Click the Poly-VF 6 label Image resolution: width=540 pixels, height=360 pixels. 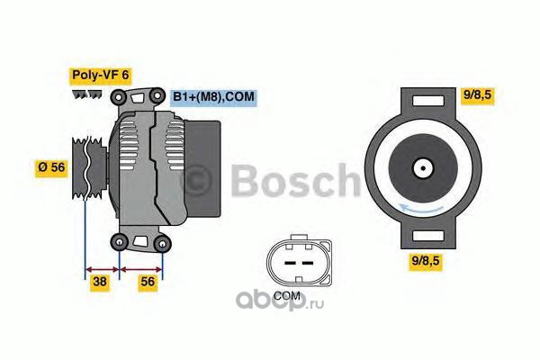pyautogui.click(x=100, y=76)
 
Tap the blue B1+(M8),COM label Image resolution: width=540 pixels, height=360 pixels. pyautogui.click(x=213, y=97)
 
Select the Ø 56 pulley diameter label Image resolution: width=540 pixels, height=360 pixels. pyautogui.click(x=51, y=167)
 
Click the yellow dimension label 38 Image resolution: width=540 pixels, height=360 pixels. pyautogui.click(x=100, y=282)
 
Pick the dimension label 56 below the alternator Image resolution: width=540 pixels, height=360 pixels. pyautogui.click(x=148, y=282)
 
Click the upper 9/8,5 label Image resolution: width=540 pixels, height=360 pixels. pyautogui.click(x=477, y=94)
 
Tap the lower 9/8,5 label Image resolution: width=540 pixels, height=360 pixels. pyautogui.click(x=426, y=261)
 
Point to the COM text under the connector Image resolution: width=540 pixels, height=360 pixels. pyautogui.click(x=287, y=295)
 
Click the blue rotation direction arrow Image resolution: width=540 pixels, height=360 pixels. pyautogui.click(x=420, y=208)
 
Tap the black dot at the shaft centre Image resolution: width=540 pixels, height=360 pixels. pyautogui.click(x=423, y=168)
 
